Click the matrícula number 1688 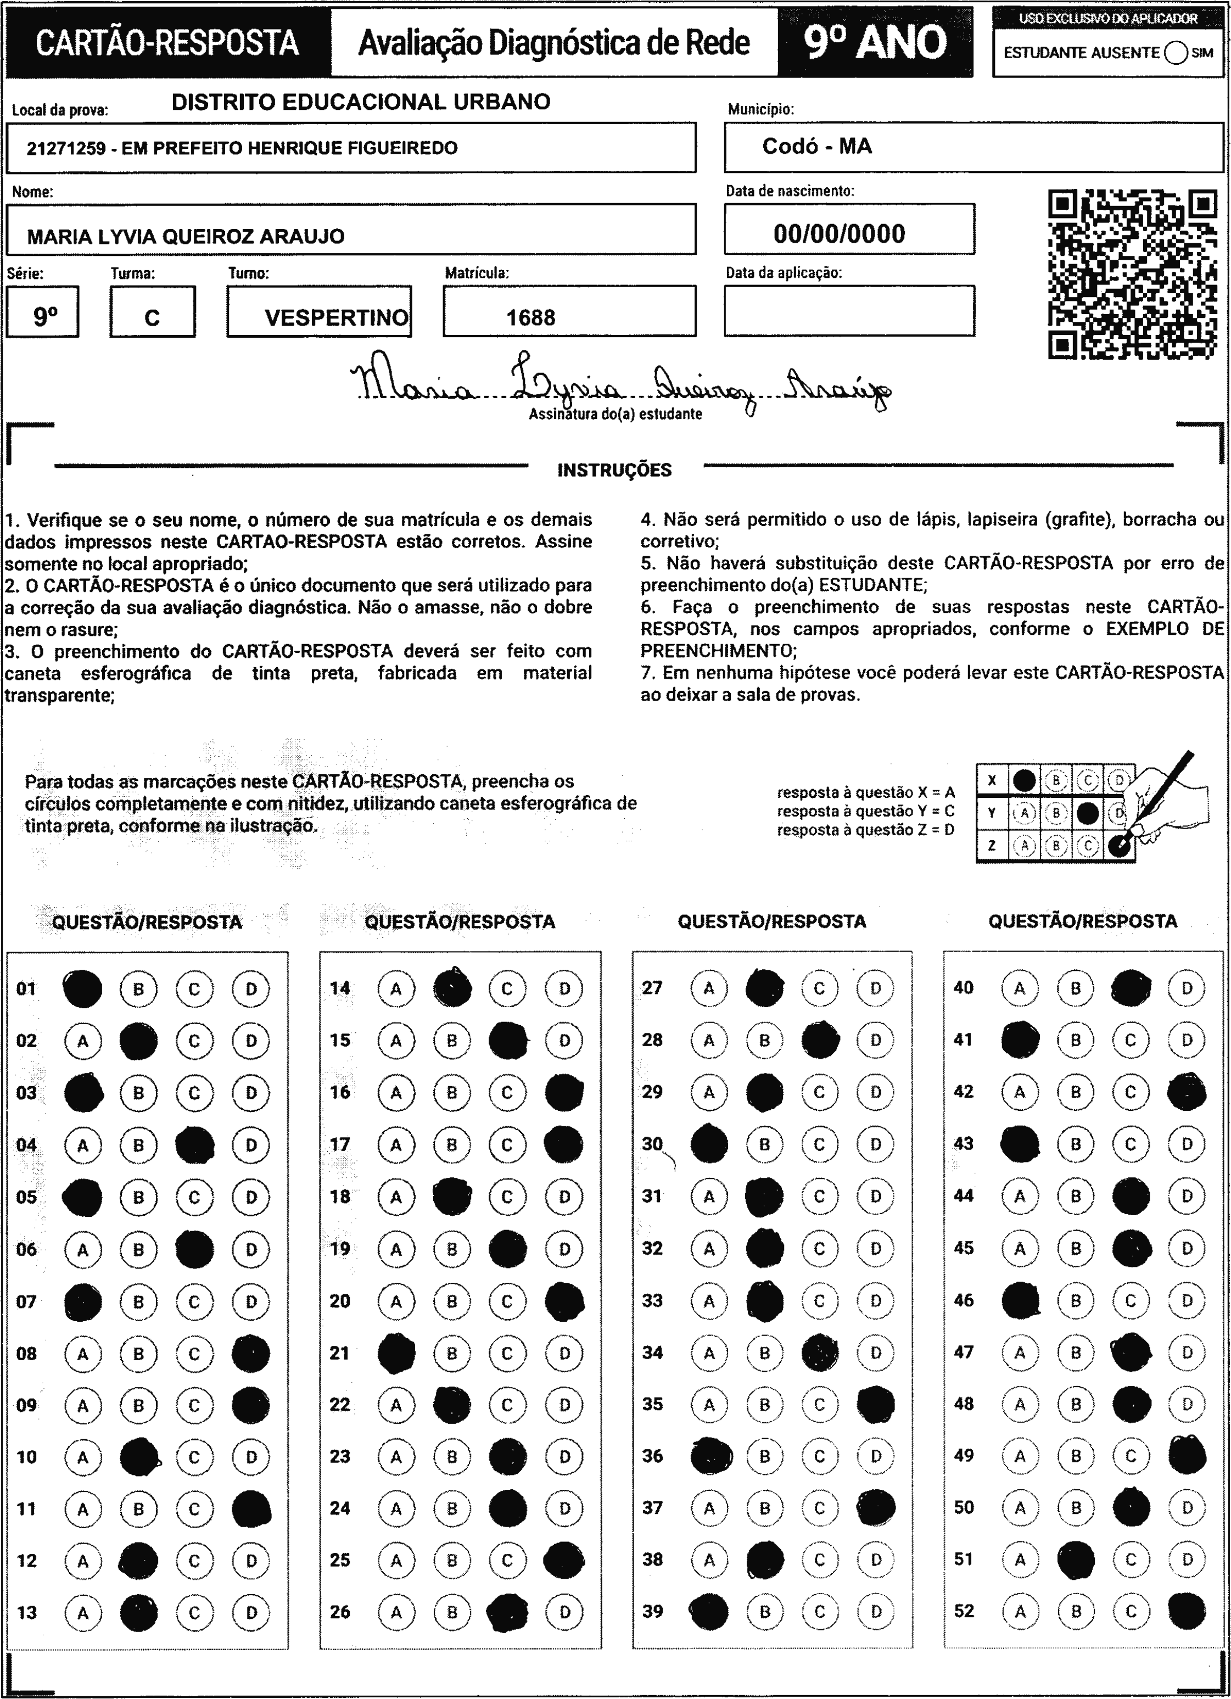pyautogui.click(x=530, y=317)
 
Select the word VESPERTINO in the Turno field pyautogui.click(x=337, y=317)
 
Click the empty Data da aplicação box pyautogui.click(x=849, y=310)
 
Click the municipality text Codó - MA pyautogui.click(x=816, y=146)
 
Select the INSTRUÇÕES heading pyautogui.click(x=614, y=471)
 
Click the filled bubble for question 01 pyautogui.click(x=82, y=989)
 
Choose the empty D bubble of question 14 pyautogui.click(x=564, y=989)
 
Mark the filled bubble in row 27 pyautogui.click(x=765, y=988)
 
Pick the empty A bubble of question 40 pyautogui.click(x=1020, y=988)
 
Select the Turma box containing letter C pyautogui.click(x=152, y=312)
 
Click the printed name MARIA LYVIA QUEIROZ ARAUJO pyautogui.click(x=186, y=237)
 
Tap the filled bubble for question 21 pyautogui.click(x=396, y=1353)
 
